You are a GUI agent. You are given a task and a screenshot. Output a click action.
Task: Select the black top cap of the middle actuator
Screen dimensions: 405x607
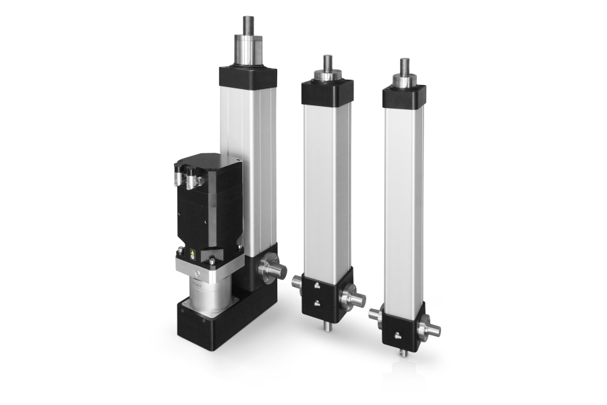[x=327, y=92]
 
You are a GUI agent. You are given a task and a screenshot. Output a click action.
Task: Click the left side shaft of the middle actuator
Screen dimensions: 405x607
[x=297, y=283]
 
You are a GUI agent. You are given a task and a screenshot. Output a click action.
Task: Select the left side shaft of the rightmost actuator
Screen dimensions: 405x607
[x=375, y=314]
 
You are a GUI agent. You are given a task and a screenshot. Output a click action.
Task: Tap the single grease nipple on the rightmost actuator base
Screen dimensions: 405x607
[x=398, y=331]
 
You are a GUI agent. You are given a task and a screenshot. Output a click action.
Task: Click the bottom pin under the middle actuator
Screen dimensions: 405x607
[x=326, y=327]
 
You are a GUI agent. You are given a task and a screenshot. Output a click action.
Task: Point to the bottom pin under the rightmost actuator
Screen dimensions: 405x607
[x=403, y=352]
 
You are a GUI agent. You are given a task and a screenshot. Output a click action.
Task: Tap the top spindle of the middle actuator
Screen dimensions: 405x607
[x=328, y=63]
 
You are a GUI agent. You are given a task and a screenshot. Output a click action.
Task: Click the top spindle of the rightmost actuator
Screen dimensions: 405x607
[x=404, y=67]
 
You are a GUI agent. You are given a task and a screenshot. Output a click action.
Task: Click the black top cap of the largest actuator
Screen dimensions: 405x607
[x=248, y=75]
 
